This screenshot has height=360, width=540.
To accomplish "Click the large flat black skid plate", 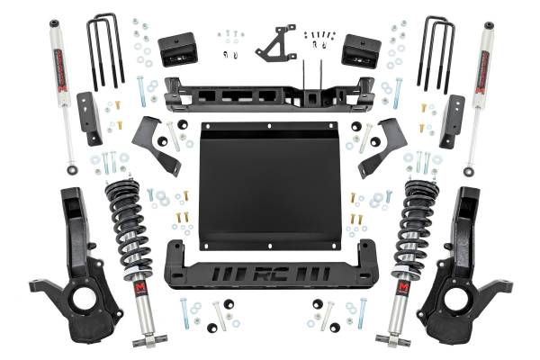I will (x=270, y=184).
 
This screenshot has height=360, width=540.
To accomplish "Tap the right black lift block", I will (x=362, y=50).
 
